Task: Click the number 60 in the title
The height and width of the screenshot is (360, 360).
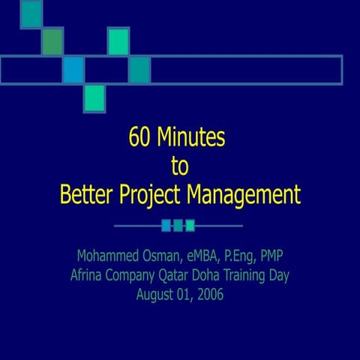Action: [x=139, y=139]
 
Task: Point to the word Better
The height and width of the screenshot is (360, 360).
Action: [x=87, y=194]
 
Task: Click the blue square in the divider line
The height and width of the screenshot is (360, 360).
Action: [x=166, y=225]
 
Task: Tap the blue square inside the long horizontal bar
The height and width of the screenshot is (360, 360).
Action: [x=73, y=70]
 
